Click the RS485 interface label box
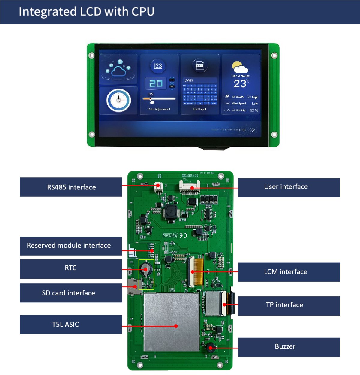click(x=71, y=187)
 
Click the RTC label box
click(x=71, y=268)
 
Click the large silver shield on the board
click(x=171, y=322)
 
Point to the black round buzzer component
click(x=210, y=348)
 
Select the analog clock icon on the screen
click(x=118, y=100)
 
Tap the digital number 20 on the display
click(x=156, y=84)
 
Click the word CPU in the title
click(x=143, y=11)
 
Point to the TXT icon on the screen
click(x=199, y=65)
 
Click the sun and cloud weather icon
click(x=240, y=67)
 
